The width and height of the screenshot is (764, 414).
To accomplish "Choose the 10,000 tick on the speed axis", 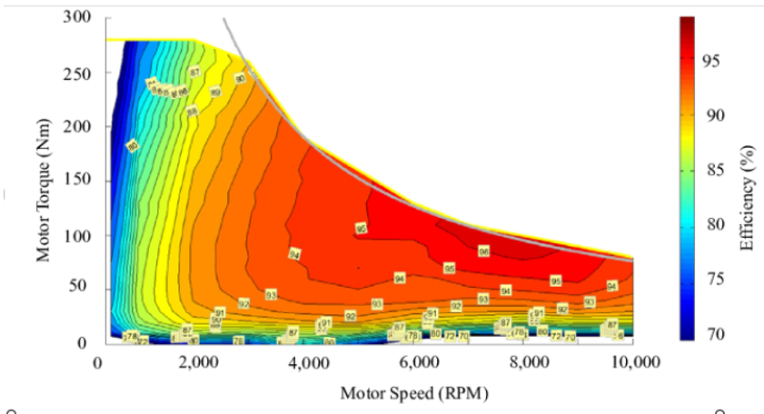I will (632, 363).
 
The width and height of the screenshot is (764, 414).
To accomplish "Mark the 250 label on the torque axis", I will (76, 73).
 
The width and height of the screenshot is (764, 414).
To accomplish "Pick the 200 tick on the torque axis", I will (76, 126).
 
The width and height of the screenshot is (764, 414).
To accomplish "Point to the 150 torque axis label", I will (76, 181).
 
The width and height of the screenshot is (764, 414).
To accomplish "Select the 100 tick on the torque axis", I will (76, 235).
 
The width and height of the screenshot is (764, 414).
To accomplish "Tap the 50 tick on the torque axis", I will (80, 289).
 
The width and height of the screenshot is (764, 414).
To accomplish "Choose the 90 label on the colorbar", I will (715, 115).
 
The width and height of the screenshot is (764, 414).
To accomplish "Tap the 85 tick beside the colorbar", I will (715, 170).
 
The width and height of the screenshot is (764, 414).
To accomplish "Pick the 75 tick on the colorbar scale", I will (715, 279).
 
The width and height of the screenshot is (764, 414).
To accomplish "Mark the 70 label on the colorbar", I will (715, 333).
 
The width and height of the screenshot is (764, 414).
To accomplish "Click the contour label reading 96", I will (484, 251).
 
